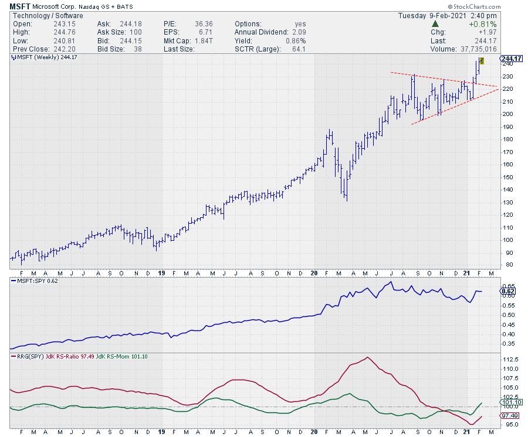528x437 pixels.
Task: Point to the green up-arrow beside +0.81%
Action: coord(435,24)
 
